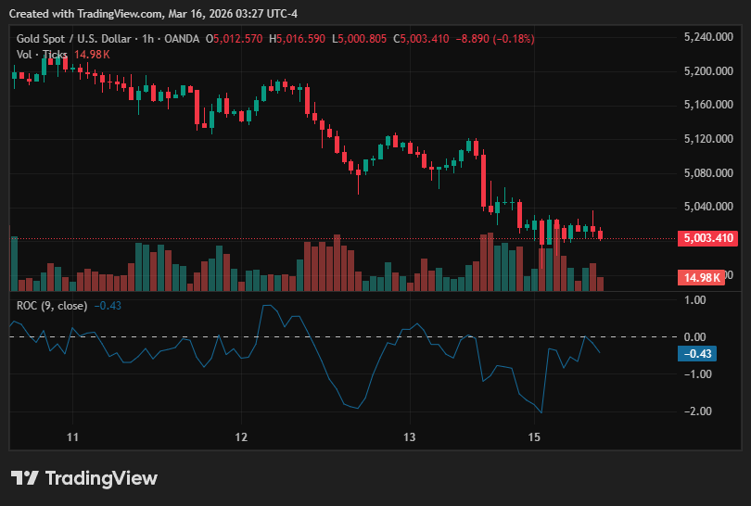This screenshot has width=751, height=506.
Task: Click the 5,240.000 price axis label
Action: [x=708, y=37]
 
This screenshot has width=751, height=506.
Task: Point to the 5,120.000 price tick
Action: [x=708, y=139]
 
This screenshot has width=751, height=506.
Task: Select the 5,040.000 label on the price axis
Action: [x=708, y=207]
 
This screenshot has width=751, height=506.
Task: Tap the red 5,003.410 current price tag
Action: [x=708, y=238]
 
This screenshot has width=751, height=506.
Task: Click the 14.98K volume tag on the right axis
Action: [x=701, y=278]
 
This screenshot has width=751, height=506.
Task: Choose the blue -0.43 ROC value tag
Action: [x=697, y=354]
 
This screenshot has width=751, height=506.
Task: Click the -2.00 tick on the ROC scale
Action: [x=697, y=411]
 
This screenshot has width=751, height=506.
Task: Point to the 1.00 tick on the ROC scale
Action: [x=695, y=300]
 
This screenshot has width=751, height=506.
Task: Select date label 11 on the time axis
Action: [x=72, y=437]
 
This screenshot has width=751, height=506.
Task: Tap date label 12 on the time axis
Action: [x=241, y=437]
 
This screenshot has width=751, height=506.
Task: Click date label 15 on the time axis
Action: [x=534, y=437]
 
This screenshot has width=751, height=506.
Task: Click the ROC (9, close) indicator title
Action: [x=52, y=306]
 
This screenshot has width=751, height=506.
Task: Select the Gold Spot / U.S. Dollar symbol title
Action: [x=74, y=39]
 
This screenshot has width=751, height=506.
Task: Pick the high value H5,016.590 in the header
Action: [x=297, y=39]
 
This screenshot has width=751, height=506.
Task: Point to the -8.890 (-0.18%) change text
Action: [x=495, y=39]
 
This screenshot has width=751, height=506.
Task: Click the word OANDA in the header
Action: [x=182, y=39]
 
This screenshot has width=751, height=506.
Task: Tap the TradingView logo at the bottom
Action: [x=84, y=478]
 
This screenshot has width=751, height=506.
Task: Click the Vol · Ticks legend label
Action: [x=42, y=55]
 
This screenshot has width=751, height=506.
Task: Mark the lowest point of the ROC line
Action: [x=541, y=412]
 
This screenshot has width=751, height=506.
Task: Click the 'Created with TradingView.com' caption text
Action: [x=85, y=14]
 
